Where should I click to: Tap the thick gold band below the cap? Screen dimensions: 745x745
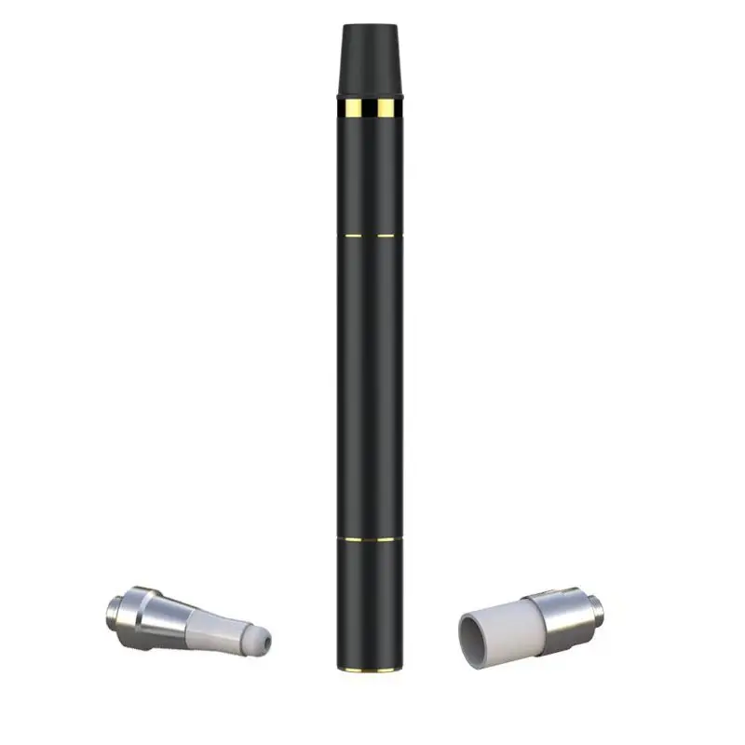(372, 109)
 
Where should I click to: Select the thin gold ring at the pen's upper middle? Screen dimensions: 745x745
(372, 237)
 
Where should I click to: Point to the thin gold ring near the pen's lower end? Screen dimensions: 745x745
(372, 538)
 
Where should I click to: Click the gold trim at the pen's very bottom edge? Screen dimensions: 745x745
(372, 668)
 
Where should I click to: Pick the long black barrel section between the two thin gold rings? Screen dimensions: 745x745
(372, 386)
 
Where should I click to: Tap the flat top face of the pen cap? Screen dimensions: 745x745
(372, 25)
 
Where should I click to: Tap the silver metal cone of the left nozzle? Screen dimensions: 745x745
(164, 615)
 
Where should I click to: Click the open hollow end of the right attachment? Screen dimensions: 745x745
(474, 637)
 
